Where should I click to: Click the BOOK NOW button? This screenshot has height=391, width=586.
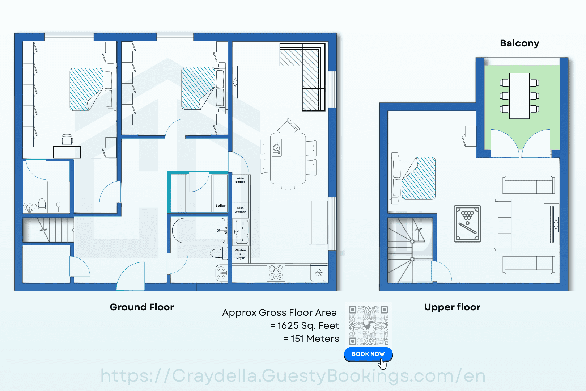point(368,354)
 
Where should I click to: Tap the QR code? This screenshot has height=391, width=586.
point(368,325)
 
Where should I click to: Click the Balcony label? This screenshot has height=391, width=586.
point(519,43)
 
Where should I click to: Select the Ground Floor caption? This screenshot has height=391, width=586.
point(142,307)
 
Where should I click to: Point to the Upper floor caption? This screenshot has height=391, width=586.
point(452,307)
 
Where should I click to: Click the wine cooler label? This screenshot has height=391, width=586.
point(240,180)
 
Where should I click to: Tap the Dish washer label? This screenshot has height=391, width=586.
point(240,210)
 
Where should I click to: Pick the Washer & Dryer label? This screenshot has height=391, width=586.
point(240,254)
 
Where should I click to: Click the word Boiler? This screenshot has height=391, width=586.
point(220,206)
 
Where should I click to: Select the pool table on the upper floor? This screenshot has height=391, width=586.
point(467,224)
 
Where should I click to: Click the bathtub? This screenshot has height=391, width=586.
point(199,231)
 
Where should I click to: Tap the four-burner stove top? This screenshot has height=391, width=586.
point(276,272)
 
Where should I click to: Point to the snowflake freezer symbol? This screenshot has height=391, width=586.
point(319,273)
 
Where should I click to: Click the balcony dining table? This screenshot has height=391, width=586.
point(519,96)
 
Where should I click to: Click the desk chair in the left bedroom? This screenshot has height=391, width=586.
point(67,140)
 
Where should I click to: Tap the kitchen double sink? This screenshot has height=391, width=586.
point(242,232)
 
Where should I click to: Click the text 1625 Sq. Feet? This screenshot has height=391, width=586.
point(308,325)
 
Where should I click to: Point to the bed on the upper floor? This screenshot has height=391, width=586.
point(412,178)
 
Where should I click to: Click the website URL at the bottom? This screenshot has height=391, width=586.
point(293,376)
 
